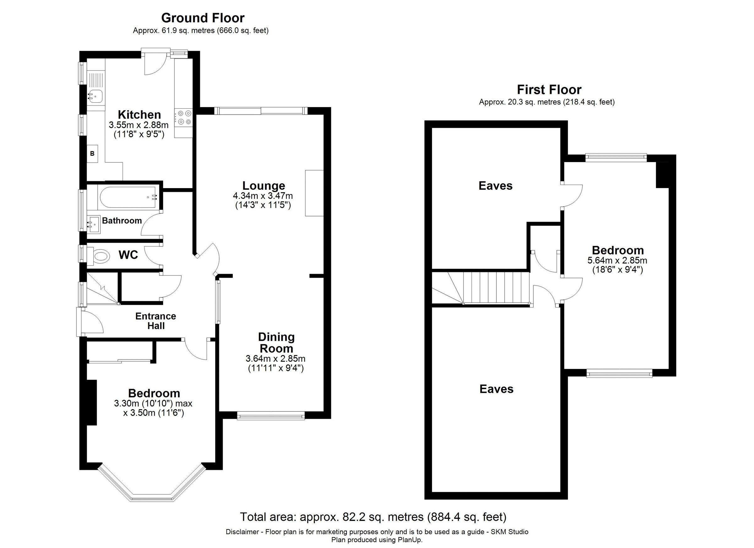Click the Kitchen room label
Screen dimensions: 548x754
point(139,115)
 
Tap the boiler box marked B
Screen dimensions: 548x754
point(92,154)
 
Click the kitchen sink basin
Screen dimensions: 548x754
point(96,96)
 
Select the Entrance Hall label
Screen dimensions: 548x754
point(156,321)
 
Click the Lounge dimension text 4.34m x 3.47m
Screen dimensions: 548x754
point(263,196)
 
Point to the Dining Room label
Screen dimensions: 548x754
point(276,343)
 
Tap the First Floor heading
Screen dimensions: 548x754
point(549,90)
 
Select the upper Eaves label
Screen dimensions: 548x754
point(495,186)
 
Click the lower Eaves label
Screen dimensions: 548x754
point(496,389)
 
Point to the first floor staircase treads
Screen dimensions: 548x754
point(495,287)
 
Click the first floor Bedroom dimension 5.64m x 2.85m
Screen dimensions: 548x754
point(617,260)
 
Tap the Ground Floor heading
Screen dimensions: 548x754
point(203,18)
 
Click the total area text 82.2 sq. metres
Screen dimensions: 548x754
point(373,517)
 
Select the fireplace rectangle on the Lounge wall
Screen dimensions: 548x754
point(314,193)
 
